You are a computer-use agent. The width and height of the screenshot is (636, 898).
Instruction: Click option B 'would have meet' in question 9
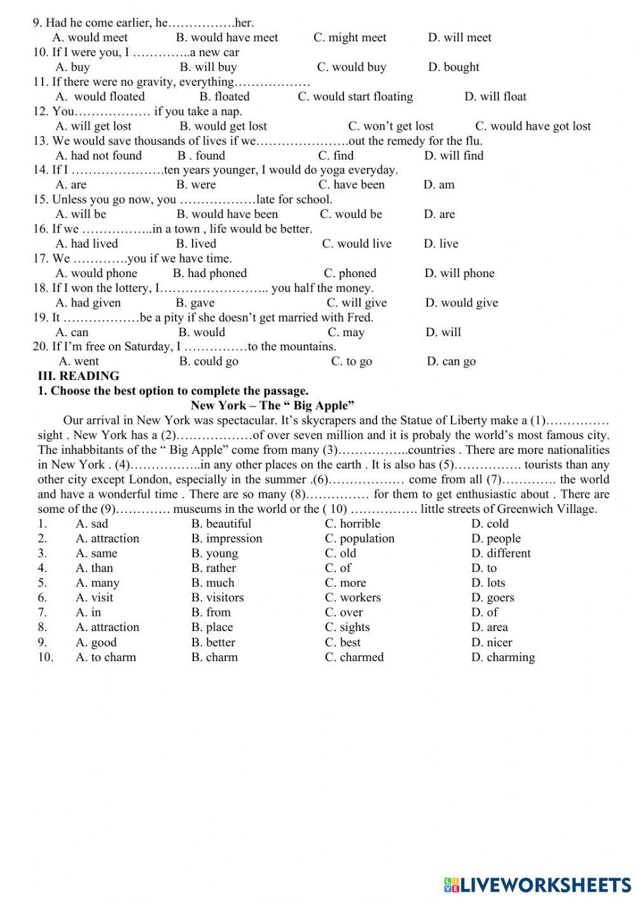click(x=226, y=37)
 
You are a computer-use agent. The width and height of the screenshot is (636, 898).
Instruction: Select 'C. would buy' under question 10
click(x=351, y=67)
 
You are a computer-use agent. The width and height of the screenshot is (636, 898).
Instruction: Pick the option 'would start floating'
click(x=355, y=97)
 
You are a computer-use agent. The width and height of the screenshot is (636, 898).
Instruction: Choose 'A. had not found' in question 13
click(x=99, y=155)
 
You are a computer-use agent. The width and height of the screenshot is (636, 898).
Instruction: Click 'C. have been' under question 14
click(x=351, y=184)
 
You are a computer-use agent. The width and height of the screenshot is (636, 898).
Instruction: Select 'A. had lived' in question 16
click(x=86, y=243)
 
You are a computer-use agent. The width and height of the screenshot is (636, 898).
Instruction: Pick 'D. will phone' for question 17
click(x=459, y=273)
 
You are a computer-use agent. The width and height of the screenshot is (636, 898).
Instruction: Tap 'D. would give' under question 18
click(x=461, y=303)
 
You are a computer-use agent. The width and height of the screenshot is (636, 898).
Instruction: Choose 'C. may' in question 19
click(x=346, y=332)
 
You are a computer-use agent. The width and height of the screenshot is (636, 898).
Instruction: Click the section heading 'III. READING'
click(x=78, y=376)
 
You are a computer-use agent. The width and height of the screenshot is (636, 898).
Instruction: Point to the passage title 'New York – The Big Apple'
click(x=272, y=405)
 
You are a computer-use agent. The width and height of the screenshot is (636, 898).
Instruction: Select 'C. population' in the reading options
click(x=359, y=538)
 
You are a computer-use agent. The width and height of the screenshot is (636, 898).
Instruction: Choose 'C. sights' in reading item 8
click(x=347, y=627)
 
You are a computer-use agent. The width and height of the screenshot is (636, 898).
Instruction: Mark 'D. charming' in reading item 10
click(x=502, y=657)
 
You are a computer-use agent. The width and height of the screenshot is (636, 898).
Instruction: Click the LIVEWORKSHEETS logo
click(x=537, y=884)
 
